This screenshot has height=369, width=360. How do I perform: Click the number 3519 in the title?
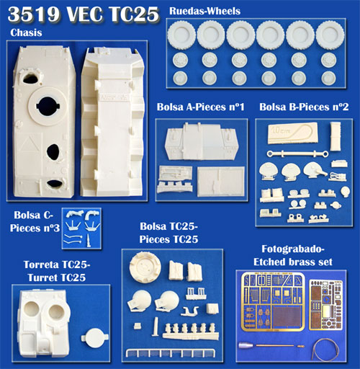tap(33, 14)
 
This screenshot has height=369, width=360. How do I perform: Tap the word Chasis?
tap(26, 32)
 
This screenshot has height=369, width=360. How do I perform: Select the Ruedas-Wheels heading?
tap(204, 11)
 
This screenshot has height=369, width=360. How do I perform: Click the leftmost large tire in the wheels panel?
tap(181, 35)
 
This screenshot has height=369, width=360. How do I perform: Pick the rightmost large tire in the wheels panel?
tap(330, 35)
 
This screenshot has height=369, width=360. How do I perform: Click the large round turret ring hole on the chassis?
tap(48, 106)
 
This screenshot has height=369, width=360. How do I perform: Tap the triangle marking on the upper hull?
tap(29, 146)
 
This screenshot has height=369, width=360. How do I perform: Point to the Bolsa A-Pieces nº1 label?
tap(200, 107)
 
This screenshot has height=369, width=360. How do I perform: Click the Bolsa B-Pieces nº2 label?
tap(304, 107)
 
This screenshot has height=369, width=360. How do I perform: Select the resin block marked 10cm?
tap(292, 133)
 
